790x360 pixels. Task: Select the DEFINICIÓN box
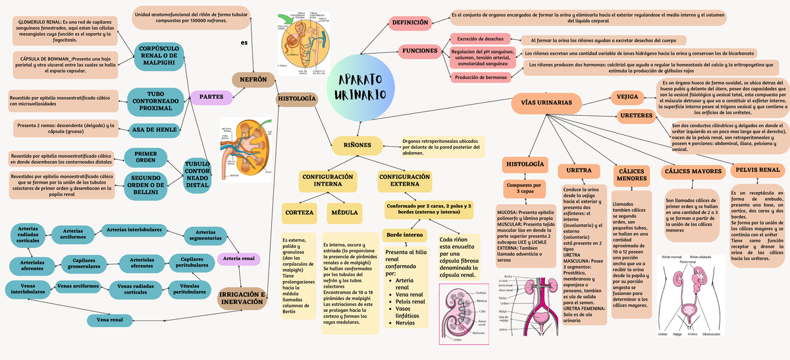click(x=410, y=23)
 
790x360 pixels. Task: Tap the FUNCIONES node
click(x=420, y=51)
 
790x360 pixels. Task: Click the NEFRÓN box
click(x=253, y=80)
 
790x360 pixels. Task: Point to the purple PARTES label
click(x=211, y=97)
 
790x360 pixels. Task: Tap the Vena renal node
click(x=110, y=320)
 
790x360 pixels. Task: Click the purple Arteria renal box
click(x=239, y=259)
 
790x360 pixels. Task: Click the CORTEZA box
click(x=298, y=213)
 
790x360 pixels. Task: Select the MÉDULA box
click(x=344, y=213)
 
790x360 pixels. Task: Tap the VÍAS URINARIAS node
click(x=546, y=103)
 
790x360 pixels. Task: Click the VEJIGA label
click(x=627, y=97)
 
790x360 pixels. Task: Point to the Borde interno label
click(x=404, y=235)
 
